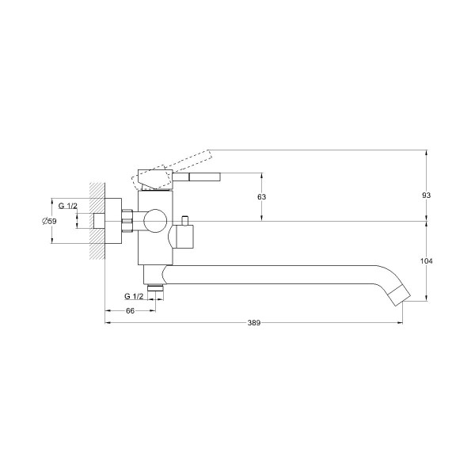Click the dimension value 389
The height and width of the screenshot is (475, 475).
coord(254,323)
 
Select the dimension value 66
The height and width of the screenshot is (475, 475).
coord(130,311)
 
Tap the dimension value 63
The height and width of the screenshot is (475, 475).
coord(261,197)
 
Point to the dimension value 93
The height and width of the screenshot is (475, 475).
coord(426,196)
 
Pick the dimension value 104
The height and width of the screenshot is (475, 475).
coord(427,260)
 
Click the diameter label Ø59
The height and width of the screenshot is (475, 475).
coord(49,221)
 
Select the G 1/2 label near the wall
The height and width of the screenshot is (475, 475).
coord(68,206)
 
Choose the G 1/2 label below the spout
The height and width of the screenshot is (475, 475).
coord(134,296)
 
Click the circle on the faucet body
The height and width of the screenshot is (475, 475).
coord(155,221)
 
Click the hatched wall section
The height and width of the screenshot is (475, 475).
coord(97,221)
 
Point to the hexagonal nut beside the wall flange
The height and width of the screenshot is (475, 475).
coord(127,221)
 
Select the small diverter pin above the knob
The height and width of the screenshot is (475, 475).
coord(184,221)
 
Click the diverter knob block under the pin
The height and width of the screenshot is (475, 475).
coord(181,237)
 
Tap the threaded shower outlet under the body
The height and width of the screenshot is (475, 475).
coord(155,287)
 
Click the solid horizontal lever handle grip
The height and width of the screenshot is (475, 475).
coord(205,177)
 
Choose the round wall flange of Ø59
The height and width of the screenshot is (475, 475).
coord(113,221)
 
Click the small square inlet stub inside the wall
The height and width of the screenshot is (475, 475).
coord(100,221)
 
